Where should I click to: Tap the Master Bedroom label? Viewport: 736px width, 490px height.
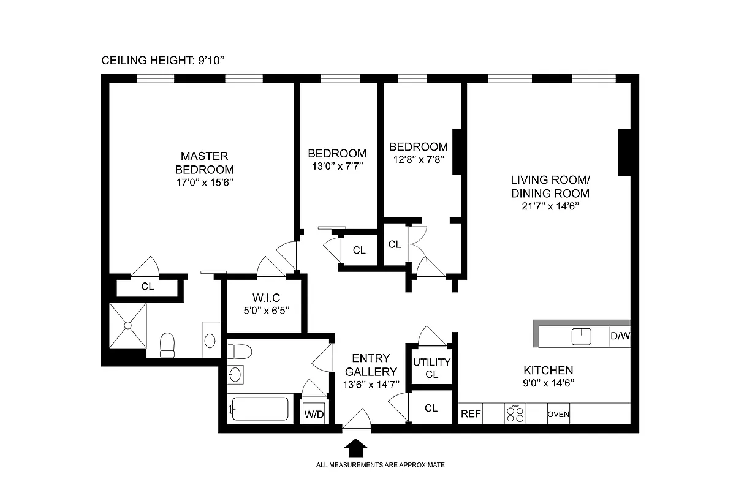(204, 162)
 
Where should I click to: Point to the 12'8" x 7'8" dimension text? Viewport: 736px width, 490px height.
(419, 159)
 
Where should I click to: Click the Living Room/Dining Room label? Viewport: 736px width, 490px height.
(550, 186)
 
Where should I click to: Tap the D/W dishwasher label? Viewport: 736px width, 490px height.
(620, 336)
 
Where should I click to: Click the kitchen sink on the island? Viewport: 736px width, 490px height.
(580, 336)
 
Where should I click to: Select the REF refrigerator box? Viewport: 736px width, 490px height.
(471, 414)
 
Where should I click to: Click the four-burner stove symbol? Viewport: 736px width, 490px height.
(515, 413)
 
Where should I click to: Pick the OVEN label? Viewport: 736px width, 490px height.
(558, 415)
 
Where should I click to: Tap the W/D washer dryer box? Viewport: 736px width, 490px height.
(314, 413)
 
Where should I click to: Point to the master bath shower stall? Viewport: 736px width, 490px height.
(127, 326)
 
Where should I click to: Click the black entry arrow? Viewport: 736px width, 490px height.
(355, 448)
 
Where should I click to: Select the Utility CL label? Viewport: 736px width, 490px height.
(431, 368)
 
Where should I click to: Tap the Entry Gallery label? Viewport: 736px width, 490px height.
(371, 365)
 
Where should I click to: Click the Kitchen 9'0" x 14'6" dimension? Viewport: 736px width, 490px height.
(548, 383)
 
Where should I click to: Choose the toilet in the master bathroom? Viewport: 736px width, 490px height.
(167, 345)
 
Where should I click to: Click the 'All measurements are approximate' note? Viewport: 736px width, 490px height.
(380, 465)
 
